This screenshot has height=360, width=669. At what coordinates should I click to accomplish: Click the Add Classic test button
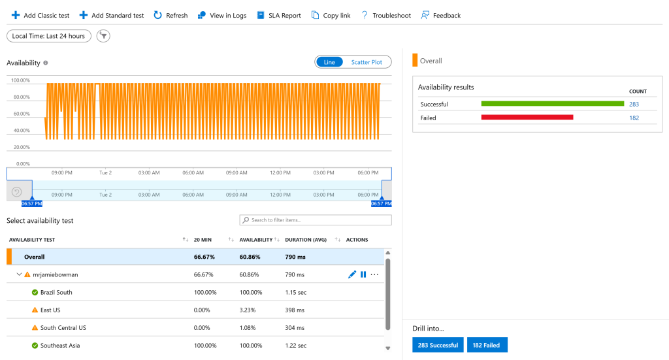tap(40, 16)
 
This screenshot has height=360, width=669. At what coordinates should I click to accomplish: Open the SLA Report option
tap(278, 16)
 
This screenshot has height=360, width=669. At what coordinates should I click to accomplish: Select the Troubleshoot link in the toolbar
tap(385, 16)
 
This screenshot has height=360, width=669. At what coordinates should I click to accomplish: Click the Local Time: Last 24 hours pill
tap(48, 36)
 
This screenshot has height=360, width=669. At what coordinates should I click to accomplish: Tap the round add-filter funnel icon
tap(103, 36)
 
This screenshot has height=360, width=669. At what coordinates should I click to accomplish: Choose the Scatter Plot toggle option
tap(367, 62)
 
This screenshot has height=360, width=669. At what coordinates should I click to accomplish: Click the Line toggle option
tap(329, 62)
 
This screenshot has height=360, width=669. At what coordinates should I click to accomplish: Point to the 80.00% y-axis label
tap(21, 97)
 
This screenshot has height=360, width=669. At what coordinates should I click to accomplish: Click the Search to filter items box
tap(316, 220)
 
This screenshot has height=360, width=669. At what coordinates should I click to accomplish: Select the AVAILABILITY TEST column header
tap(32, 240)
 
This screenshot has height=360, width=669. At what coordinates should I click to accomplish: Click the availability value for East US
tap(248, 310)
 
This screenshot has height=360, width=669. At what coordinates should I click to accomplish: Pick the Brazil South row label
tap(56, 293)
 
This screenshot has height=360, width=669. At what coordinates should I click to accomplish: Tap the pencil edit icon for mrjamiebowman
tap(352, 274)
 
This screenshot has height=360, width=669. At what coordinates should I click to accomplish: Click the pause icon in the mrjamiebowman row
tap(363, 274)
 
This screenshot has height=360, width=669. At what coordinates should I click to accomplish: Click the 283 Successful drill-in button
tap(438, 345)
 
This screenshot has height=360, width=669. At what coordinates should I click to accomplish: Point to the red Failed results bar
tap(527, 118)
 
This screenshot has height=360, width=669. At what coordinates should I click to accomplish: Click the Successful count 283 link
tap(634, 104)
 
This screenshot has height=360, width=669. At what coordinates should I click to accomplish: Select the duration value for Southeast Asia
tap(296, 346)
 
